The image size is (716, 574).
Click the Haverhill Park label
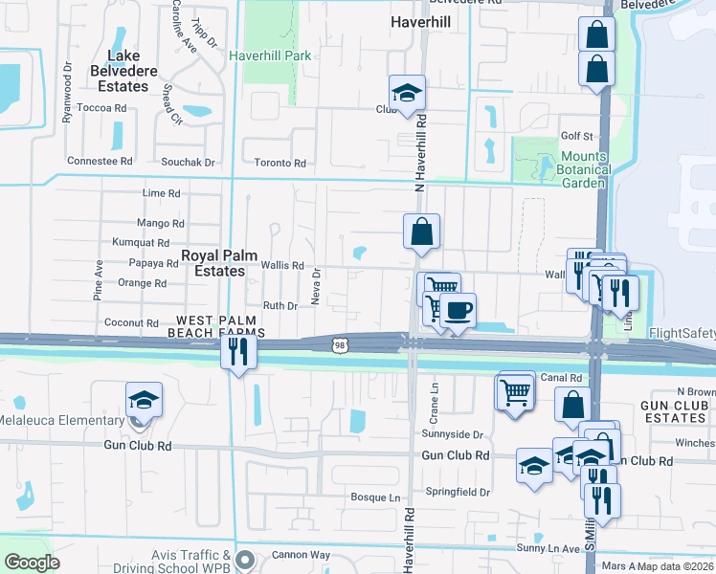(271, 55)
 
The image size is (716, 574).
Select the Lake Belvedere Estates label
(121, 71)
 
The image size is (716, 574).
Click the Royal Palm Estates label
(213, 263)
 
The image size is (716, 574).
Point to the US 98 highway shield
(341, 343)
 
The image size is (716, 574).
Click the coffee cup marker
(459, 310)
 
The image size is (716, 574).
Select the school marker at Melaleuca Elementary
(144, 398)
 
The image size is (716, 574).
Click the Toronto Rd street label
(280, 164)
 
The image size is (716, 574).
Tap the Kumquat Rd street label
(141, 243)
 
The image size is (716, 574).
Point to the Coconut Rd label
(131, 323)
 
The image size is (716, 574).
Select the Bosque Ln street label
(375, 497)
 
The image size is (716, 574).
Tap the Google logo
(32, 562)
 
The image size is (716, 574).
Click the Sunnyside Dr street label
(454, 434)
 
